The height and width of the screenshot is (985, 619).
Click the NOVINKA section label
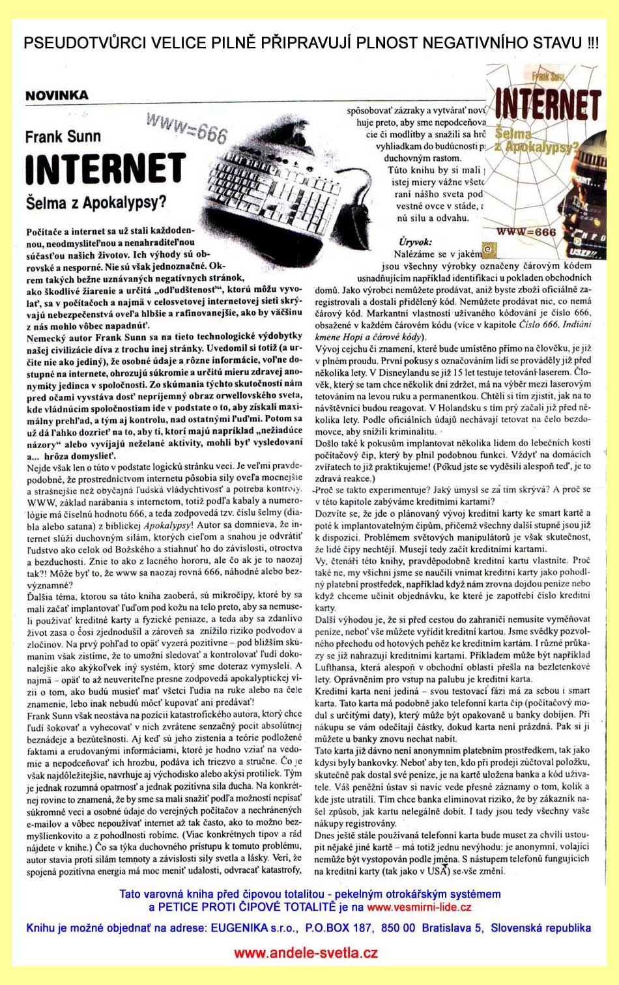(57, 95)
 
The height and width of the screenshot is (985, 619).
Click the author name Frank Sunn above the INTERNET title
(63, 137)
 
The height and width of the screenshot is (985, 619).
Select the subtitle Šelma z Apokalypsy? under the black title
(96, 203)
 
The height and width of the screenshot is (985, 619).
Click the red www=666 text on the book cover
(526, 231)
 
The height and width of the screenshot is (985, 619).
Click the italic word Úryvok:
(415, 242)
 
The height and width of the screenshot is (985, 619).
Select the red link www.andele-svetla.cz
(306, 953)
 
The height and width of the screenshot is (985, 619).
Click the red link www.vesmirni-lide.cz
(419, 907)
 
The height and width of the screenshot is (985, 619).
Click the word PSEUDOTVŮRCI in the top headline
(85, 44)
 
